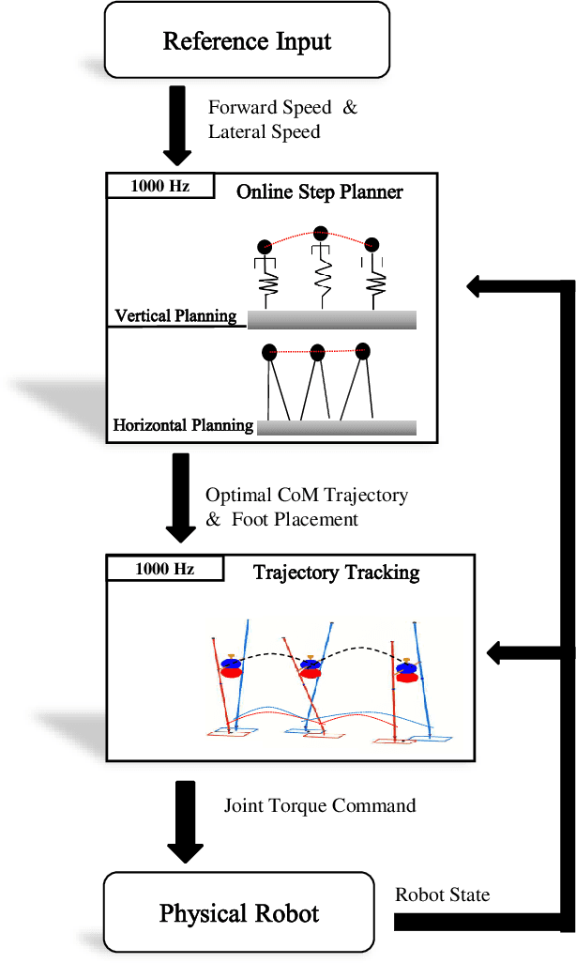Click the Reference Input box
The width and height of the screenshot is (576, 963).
pos(247,40)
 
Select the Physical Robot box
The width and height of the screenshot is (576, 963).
pos(238,912)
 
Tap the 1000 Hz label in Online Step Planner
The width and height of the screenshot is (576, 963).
pos(159,186)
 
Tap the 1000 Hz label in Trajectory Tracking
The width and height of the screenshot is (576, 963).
pos(164,568)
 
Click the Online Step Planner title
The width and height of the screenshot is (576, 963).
pos(319,192)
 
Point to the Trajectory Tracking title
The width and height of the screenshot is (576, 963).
pos(336,572)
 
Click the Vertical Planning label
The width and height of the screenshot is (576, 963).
pos(175,315)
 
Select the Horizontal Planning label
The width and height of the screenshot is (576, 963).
pos(183,425)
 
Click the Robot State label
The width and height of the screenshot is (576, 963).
pos(442,894)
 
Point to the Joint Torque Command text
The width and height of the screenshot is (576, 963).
pos(319,804)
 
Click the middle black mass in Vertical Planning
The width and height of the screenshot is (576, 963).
pos(321,234)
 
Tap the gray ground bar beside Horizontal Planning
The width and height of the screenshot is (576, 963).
pos(336,427)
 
